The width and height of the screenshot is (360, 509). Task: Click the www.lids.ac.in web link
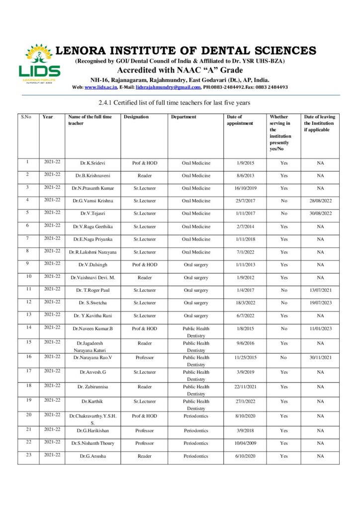[x=101, y=87]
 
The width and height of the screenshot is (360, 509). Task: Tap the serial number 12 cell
[x=28, y=302]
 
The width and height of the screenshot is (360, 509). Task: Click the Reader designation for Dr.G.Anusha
[x=145, y=456]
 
